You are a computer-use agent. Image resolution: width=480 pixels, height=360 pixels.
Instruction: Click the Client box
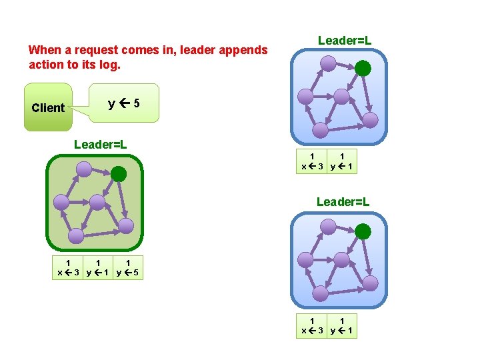[x=48, y=107]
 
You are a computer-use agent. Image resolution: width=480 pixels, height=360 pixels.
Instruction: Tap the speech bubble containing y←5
[x=124, y=103]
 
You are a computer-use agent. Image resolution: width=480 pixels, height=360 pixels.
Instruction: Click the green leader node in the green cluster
[x=119, y=175]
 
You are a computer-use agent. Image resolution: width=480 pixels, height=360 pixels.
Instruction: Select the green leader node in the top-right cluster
[x=363, y=67]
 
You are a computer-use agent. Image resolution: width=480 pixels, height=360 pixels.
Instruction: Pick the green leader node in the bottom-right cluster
[x=363, y=231]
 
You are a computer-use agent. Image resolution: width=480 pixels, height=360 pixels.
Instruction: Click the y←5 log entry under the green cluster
[x=127, y=267]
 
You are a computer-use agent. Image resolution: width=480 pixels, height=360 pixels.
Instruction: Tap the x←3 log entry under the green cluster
[x=69, y=267]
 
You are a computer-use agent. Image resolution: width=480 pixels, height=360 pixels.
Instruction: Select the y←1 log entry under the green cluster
[x=98, y=267]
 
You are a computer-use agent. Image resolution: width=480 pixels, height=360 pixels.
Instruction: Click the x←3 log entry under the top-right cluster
[x=313, y=162]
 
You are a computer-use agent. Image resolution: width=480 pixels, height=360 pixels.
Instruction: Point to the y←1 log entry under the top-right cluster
[x=342, y=162]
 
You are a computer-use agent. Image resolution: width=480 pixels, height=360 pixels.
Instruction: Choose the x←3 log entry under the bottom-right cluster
[x=313, y=326]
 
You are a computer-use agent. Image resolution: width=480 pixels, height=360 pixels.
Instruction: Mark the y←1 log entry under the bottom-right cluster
[x=342, y=326]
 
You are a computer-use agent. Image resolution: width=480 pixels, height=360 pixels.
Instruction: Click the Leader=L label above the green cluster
[x=101, y=144]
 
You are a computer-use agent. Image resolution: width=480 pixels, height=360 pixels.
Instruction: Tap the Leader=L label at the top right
[x=344, y=41]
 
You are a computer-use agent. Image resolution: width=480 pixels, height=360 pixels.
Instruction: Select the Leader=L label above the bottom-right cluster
[x=343, y=201]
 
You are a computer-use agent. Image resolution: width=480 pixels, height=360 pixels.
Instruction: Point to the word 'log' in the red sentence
[x=111, y=65]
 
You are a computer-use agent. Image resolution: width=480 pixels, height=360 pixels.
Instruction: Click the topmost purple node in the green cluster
[x=83, y=169]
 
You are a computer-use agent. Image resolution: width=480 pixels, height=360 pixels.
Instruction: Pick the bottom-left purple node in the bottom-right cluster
[x=320, y=293]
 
